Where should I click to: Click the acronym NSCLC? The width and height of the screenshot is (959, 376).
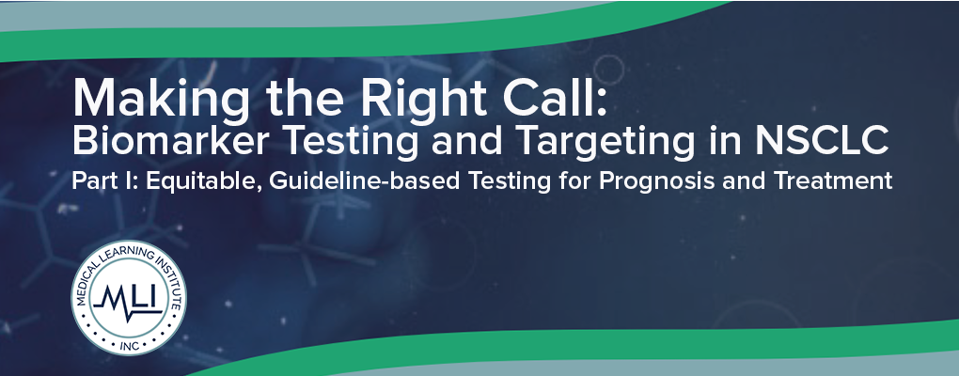click(822, 141)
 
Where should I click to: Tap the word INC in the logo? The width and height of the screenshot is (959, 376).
click(130, 345)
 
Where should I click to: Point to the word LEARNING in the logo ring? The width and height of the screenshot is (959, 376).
click(125, 252)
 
